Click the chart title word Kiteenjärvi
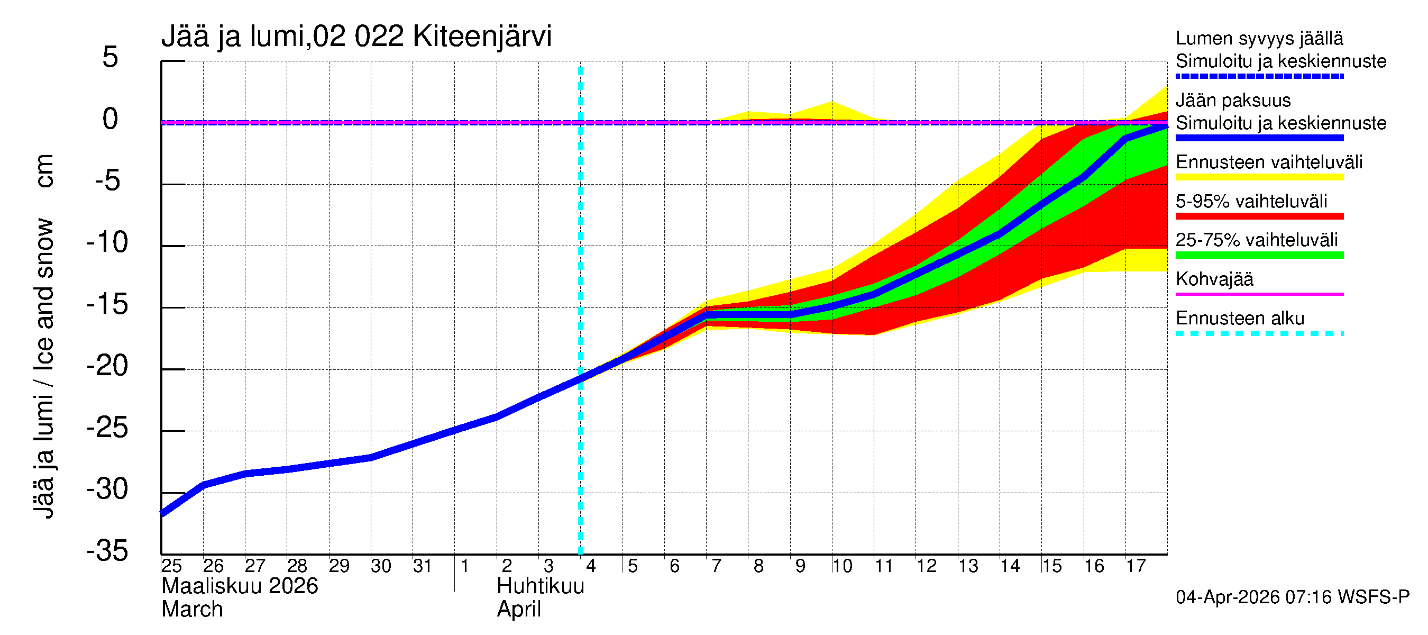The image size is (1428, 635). point(482,37)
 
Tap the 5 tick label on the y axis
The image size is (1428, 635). point(111,58)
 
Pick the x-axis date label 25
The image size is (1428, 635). point(171,566)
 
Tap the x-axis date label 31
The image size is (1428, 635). point(423,566)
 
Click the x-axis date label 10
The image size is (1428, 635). point(841,566)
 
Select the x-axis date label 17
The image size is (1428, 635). point(1136,566)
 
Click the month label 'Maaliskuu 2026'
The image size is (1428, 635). point(240,586)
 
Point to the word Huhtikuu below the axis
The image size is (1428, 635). point(541,586)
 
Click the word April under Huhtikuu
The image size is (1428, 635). point(518,610)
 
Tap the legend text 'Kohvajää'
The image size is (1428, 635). point(1214,279)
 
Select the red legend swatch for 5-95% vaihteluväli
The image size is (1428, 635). point(1259,216)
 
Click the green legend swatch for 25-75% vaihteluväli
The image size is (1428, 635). point(1259,255)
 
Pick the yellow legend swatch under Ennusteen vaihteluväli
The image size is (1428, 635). point(1259,177)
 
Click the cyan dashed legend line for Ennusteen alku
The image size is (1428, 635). point(1259,333)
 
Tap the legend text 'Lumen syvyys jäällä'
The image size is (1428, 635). point(1259,38)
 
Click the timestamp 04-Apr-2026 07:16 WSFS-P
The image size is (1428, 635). point(1292,597)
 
